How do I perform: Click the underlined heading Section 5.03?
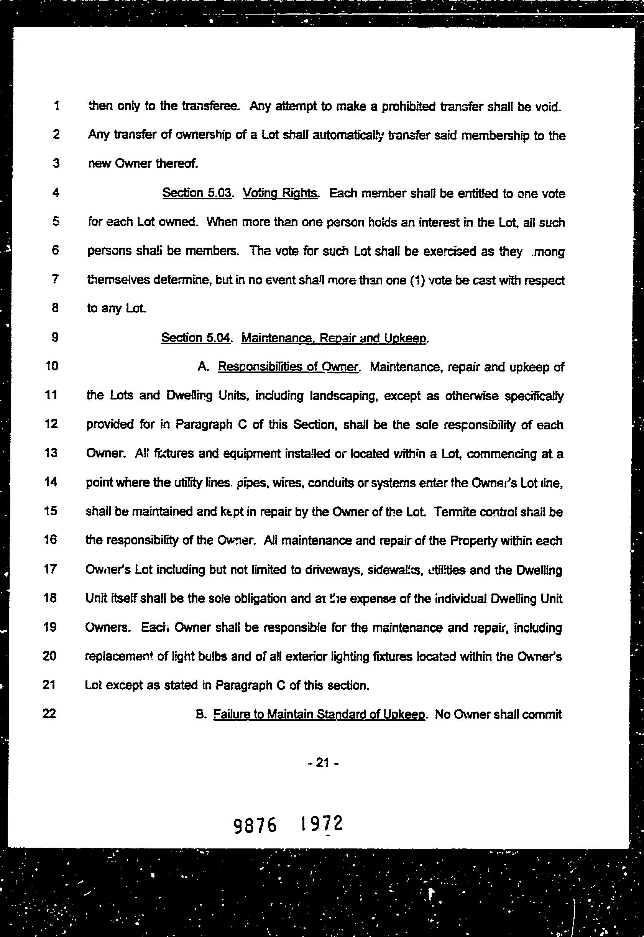tap(197, 193)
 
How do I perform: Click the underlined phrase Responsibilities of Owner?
tap(288, 367)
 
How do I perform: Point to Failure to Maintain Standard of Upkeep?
tap(319, 714)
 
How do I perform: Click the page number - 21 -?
tap(322, 762)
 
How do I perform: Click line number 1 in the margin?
tap(56, 106)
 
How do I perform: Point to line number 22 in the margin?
tap(49, 714)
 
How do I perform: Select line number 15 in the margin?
tap(50, 511)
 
